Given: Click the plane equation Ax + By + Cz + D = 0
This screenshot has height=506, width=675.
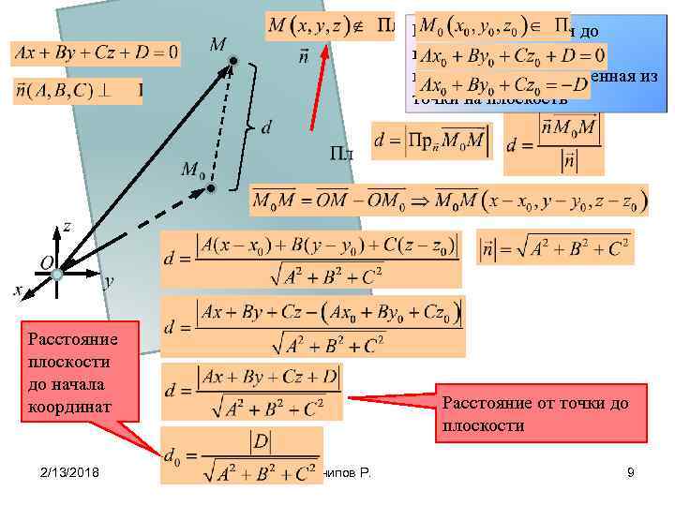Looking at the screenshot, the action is (95, 52).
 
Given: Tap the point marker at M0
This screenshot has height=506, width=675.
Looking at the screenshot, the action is (212, 189).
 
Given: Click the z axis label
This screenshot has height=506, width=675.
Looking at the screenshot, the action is (67, 226).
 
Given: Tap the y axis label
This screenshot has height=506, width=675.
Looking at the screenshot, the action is (109, 280).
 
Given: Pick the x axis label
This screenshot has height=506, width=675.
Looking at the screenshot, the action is (18, 290).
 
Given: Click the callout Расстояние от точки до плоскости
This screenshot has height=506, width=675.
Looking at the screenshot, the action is (539, 412).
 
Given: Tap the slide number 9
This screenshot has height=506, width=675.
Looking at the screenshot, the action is (631, 472).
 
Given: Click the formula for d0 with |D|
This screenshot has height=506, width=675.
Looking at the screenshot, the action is (242, 455).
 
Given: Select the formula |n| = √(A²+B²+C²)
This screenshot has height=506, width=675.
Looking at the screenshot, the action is (554, 249).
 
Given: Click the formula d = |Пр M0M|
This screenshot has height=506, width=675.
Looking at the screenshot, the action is (431, 141).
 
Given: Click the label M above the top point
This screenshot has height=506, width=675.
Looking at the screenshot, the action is (217, 45).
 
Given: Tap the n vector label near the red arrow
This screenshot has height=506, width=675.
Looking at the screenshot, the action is (304, 57).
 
